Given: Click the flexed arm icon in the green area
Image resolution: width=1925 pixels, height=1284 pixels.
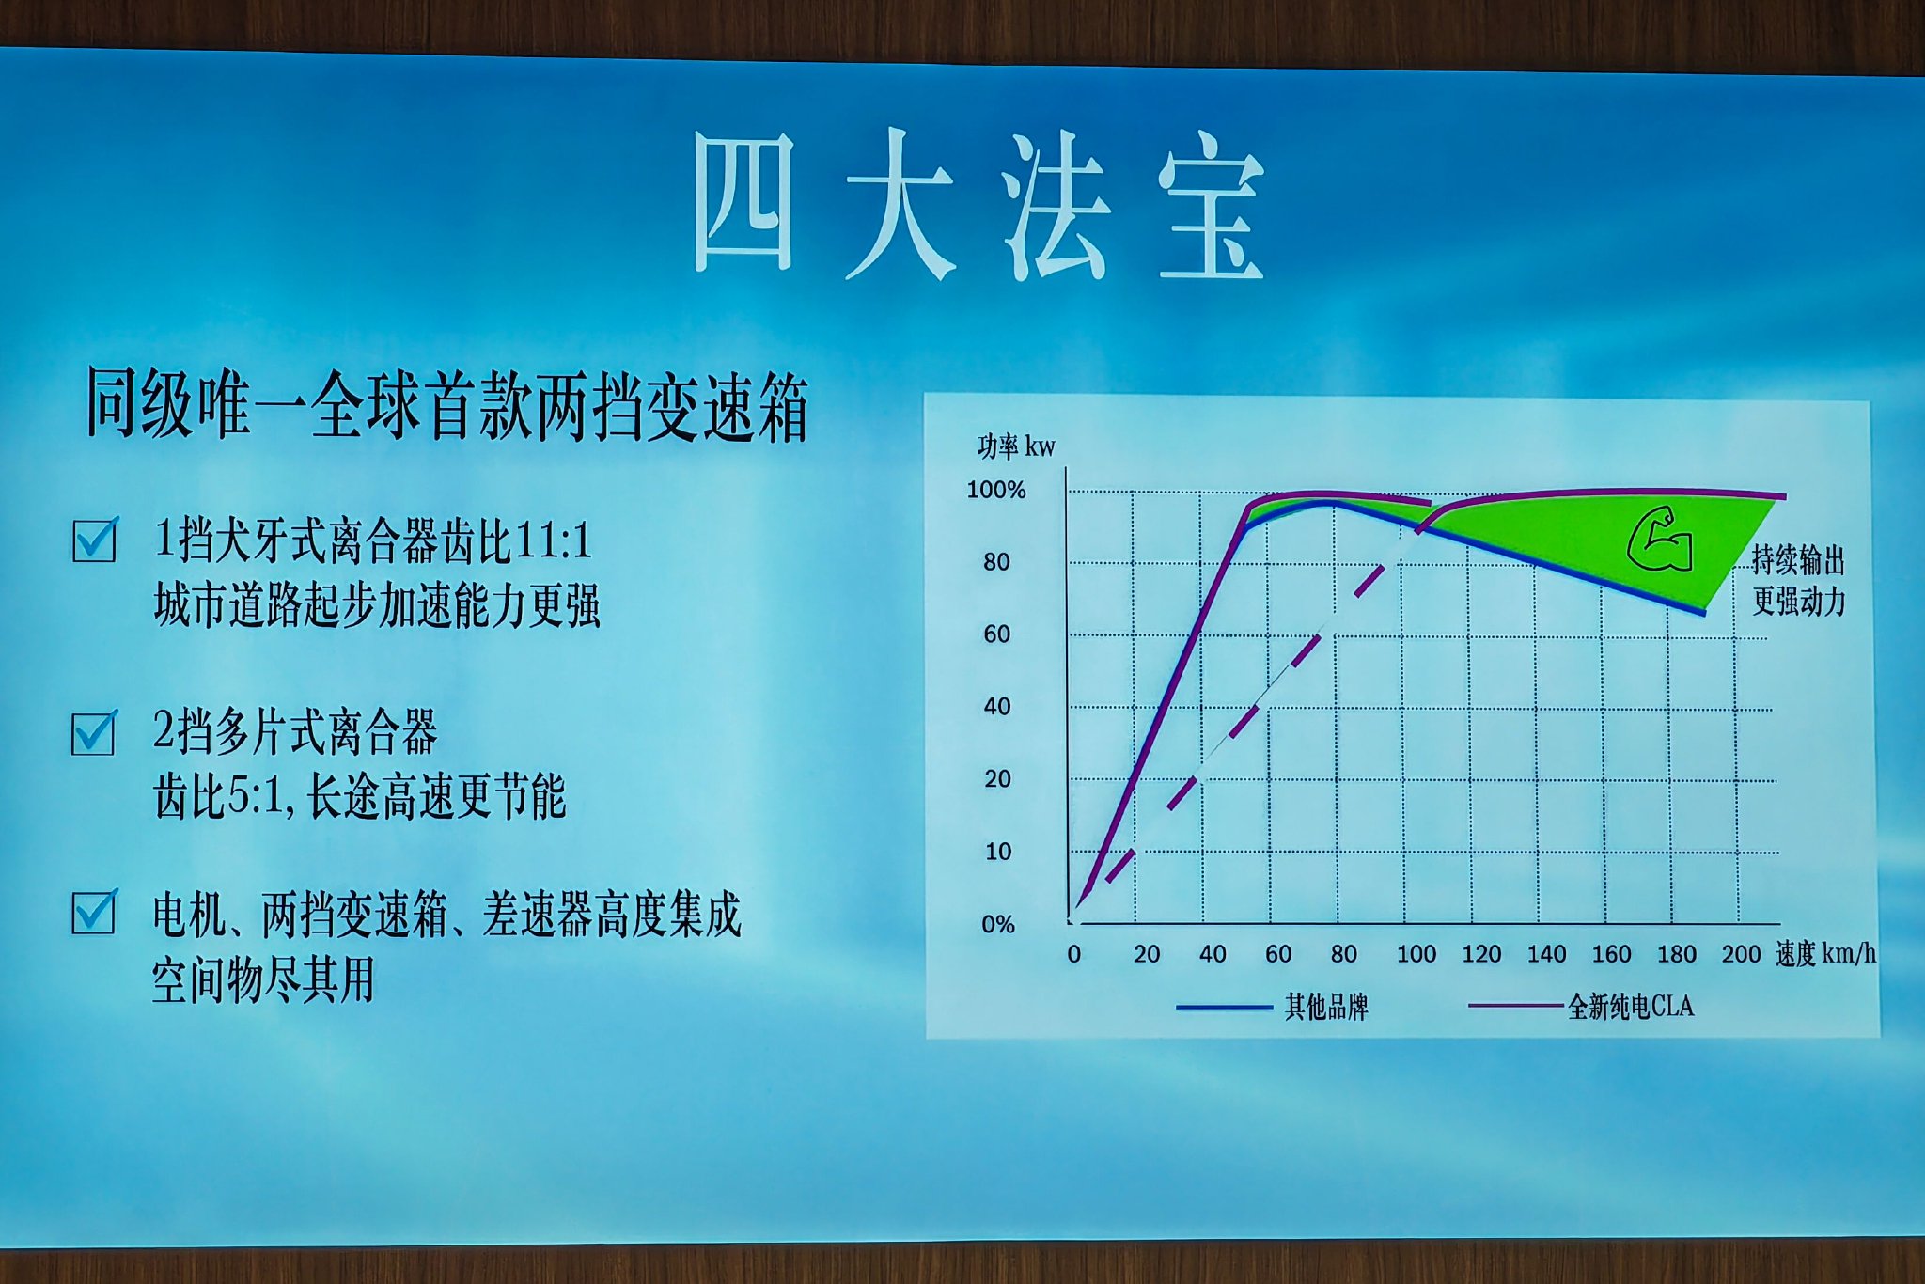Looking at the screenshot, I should tap(1660, 540).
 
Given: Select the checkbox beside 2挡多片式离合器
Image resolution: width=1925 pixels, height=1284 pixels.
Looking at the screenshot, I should tap(94, 733).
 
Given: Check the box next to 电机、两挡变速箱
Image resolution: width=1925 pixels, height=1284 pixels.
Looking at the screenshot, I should tap(94, 912).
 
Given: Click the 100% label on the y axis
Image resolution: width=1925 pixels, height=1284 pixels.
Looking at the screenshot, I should tap(996, 490).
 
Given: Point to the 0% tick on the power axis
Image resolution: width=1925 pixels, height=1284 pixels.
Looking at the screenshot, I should tap(998, 924).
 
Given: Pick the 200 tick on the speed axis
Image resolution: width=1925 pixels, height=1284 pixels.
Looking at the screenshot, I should tap(1741, 954).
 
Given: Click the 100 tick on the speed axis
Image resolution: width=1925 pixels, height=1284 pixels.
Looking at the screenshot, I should tap(1416, 954).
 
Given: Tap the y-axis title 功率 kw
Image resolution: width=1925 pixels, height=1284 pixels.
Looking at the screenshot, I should tap(1016, 446).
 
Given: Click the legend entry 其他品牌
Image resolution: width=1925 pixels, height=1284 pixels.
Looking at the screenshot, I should tap(1326, 1008).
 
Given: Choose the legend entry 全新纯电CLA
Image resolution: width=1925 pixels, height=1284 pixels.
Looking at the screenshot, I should tap(1631, 1007).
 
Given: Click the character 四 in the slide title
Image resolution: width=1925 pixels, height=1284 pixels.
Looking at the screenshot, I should tap(743, 202).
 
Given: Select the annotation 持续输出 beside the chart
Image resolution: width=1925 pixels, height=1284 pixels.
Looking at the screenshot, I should tap(1798, 560).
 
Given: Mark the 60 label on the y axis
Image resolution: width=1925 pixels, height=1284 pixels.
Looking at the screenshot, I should tap(997, 634).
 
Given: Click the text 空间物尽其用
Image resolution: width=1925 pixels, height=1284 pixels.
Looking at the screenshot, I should tap(263, 979).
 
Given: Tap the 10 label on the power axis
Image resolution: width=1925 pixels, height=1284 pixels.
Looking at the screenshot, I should tap(998, 852).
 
